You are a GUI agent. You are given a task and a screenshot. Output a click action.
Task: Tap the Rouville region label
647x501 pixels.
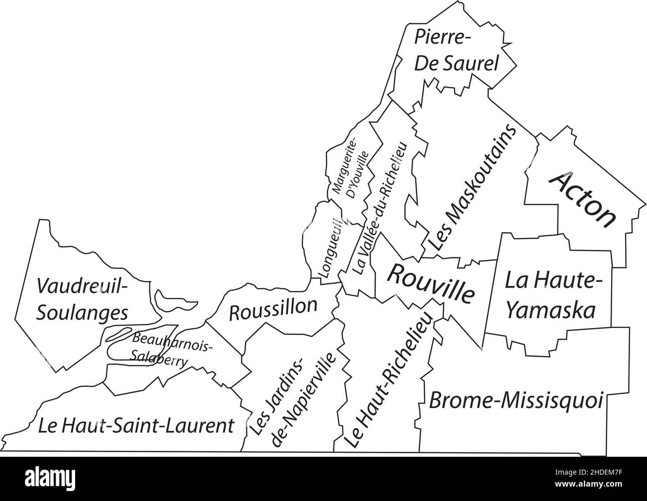pos(431,284)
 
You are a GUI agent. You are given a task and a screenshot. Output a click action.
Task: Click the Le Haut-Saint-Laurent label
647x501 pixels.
pos(136,426)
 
